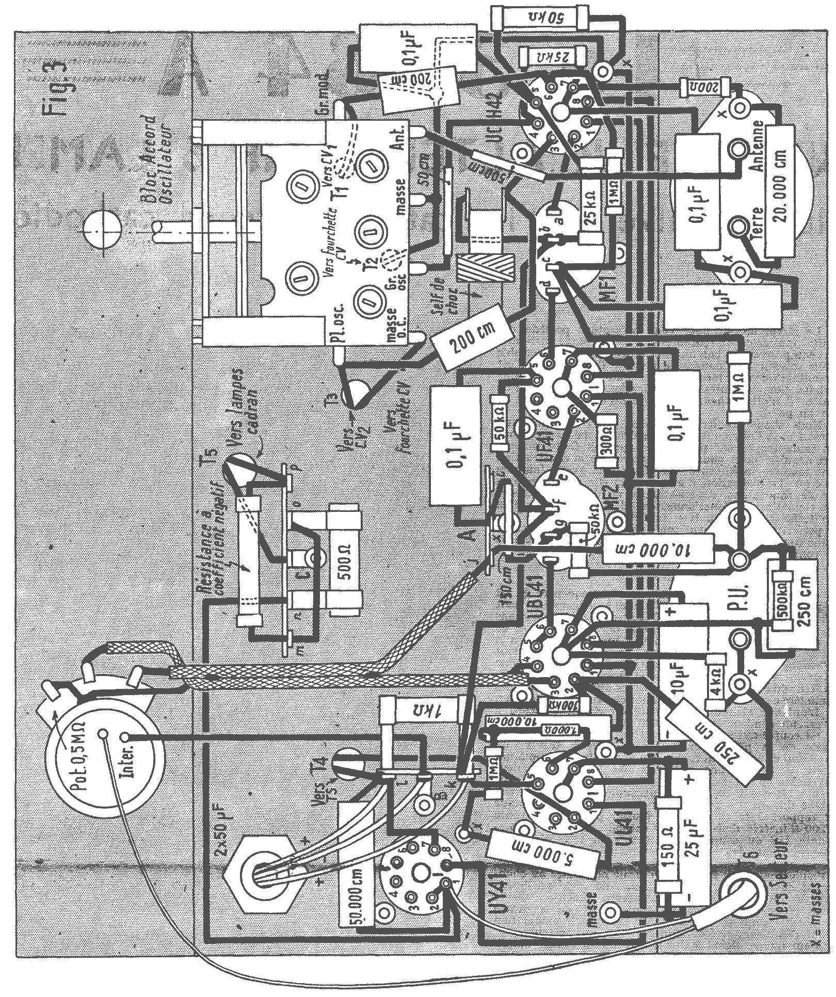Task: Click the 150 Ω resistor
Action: click(667, 853)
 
